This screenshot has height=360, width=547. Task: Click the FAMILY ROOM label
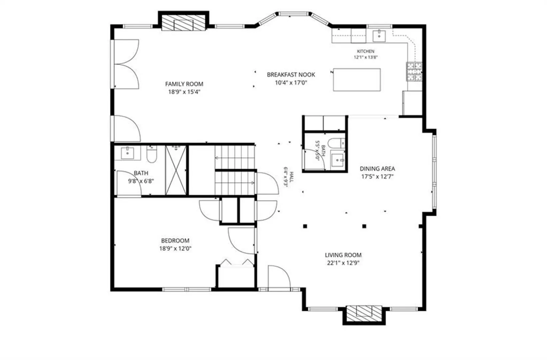(184, 84)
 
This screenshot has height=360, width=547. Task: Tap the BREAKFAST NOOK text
(291, 75)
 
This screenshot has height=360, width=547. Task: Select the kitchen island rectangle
(357, 80)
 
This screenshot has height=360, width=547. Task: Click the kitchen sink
(379, 36)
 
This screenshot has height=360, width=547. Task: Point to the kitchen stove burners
(414, 72)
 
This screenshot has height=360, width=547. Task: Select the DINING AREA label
(377, 169)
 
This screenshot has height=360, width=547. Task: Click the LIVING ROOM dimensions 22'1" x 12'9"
(343, 263)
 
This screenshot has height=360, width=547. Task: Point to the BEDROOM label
(175, 241)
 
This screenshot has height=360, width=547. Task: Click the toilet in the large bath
(152, 154)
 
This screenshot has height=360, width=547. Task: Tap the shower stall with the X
(176, 170)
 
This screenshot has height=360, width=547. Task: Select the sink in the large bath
(127, 153)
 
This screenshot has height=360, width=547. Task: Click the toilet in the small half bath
(336, 143)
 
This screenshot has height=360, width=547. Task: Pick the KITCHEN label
(366, 52)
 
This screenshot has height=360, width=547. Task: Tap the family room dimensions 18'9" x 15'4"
(184, 92)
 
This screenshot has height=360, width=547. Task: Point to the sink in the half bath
(337, 160)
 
